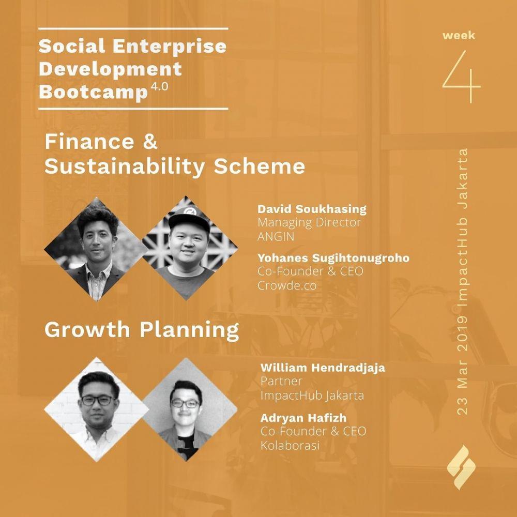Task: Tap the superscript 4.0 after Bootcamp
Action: coord(159,87)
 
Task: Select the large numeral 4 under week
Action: coord(461,77)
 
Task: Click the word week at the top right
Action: coord(459,35)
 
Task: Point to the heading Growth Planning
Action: coord(142,330)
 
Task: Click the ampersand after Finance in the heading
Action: coord(150,142)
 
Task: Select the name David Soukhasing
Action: coord(312,209)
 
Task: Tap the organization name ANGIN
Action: coord(276,237)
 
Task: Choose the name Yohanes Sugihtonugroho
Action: coord(333,258)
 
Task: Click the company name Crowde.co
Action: coord(287,285)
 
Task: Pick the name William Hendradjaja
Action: coord(323,368)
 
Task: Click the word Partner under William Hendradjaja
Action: coord(281,381)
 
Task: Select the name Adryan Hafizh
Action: coord(303,418)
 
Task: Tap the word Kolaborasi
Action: coord(290,446)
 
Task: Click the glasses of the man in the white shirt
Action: coord(97,401)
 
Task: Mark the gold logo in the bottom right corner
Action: coord(461,467)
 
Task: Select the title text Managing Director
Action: coord(309,222)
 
